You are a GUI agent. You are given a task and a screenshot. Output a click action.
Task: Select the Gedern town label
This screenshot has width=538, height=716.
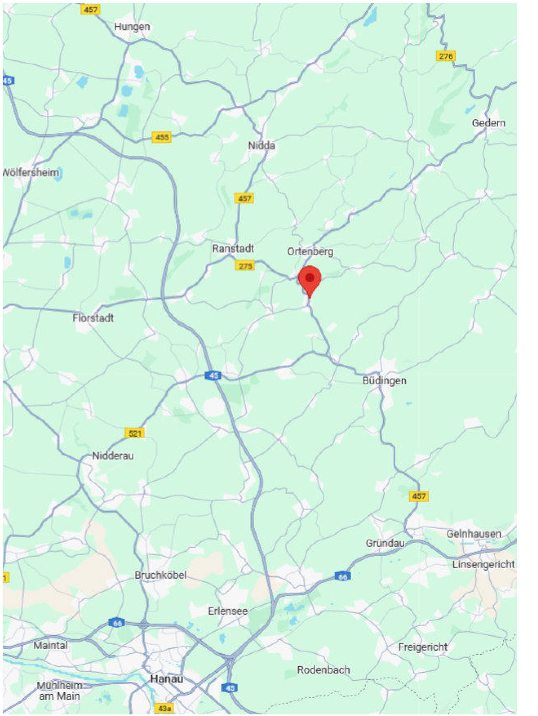(488, 123)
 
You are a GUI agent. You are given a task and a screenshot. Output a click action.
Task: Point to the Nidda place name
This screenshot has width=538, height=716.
(261, 146)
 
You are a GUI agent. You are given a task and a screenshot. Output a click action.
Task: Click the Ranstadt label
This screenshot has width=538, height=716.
(233, 249)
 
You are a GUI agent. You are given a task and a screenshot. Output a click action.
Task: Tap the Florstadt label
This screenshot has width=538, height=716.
(93, 318)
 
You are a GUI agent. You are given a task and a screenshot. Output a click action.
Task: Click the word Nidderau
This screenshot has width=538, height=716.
(113, 456)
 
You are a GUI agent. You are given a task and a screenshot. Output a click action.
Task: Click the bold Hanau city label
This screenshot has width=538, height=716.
(167, 679)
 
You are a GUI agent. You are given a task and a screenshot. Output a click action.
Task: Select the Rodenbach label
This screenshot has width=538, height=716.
(323, 670)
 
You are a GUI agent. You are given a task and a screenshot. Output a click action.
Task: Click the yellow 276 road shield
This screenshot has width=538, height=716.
(445, 56)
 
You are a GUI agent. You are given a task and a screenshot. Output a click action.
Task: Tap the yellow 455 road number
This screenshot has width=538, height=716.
(162, 137)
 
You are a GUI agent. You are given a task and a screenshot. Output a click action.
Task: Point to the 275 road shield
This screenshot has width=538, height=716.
(245, 266)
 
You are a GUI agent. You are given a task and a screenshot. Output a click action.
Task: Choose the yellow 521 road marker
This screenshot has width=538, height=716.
(134, 433)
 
